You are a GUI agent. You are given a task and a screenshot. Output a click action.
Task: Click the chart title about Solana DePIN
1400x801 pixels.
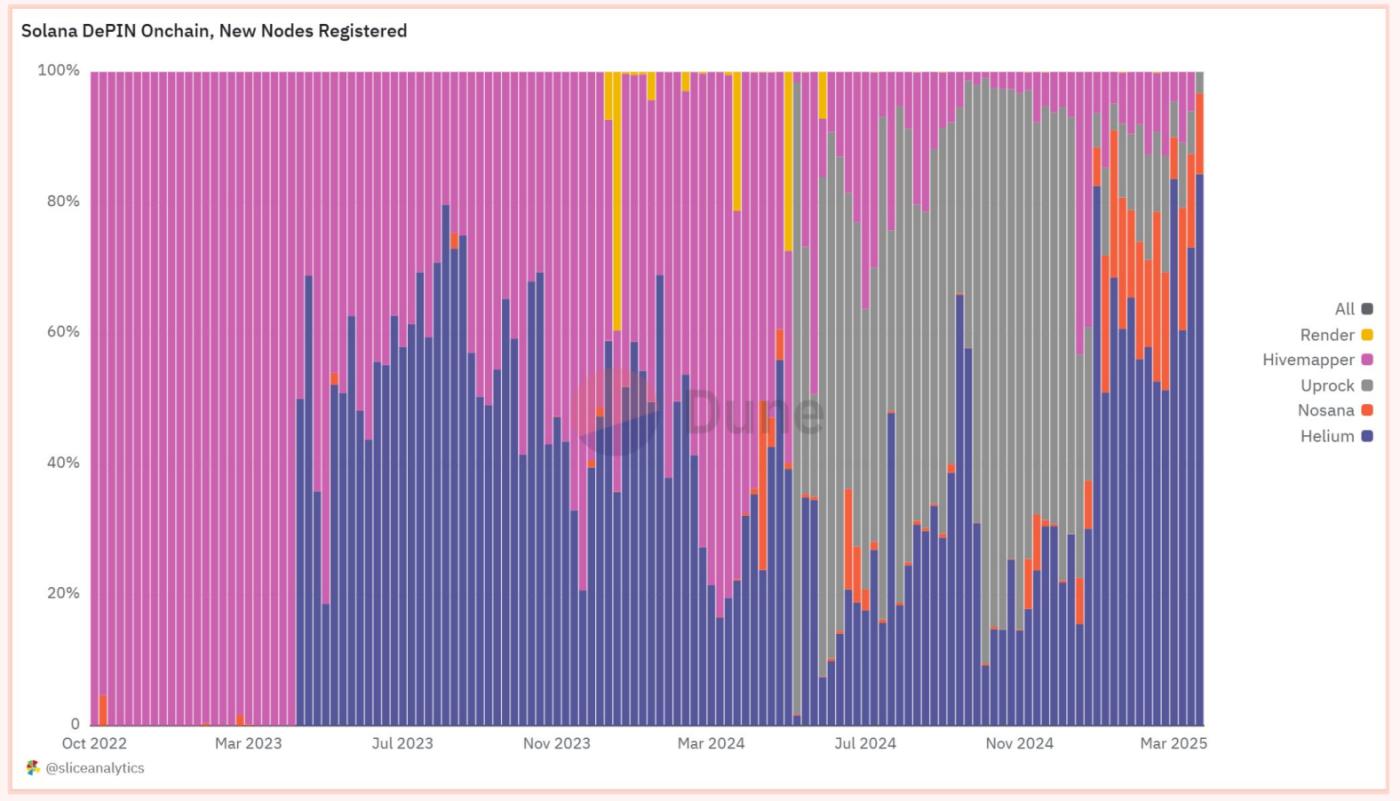[214, 31]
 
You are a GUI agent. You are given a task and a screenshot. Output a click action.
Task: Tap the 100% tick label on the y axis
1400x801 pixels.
[59, 71]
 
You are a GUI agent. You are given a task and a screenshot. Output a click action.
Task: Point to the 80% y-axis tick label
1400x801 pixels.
[62, 201]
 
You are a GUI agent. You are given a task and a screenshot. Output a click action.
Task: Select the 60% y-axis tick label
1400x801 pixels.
[62, 332]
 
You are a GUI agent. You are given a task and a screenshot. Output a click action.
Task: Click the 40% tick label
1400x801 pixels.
[62, 463]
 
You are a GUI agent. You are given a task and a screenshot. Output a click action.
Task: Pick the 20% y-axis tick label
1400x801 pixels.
[62, 593]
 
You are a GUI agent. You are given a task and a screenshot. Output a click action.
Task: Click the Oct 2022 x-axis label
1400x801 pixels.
[94, 743]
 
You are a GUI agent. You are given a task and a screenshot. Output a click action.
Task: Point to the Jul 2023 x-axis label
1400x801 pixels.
[402, 743]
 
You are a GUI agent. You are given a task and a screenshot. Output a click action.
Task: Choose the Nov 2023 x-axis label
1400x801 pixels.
[557, 743]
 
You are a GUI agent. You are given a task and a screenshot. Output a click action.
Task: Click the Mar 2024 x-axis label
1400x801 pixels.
[712, 743]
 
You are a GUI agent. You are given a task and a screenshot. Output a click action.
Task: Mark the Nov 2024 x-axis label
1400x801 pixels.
[1019, 743]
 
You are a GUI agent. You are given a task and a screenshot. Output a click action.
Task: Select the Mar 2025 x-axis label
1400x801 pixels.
[1174, 743]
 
